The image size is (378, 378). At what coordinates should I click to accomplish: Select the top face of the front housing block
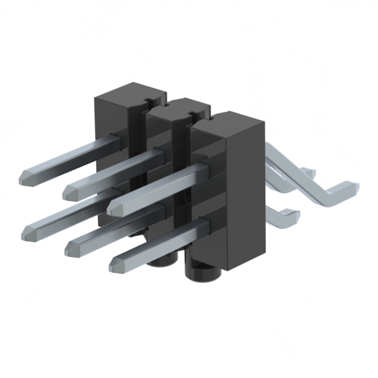(x=227, y=122)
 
